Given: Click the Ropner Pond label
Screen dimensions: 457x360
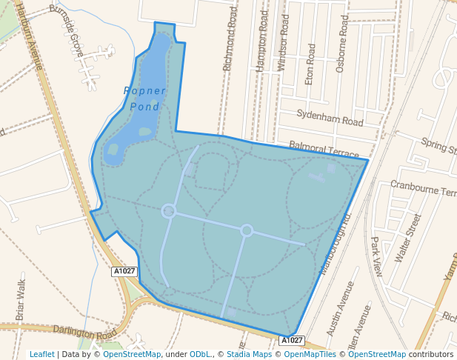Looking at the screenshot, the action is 144,99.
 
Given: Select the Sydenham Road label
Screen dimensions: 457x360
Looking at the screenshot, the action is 330,117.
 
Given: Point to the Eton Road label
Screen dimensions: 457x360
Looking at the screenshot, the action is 311,62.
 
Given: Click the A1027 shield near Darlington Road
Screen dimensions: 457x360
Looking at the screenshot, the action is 124,272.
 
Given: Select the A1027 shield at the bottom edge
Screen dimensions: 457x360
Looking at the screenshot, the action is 291,340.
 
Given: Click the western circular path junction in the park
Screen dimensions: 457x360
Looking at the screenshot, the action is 169,212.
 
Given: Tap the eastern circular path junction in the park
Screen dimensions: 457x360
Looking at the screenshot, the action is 247,230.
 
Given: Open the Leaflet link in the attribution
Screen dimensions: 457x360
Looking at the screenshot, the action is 41,354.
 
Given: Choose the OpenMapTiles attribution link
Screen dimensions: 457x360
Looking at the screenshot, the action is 310,354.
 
